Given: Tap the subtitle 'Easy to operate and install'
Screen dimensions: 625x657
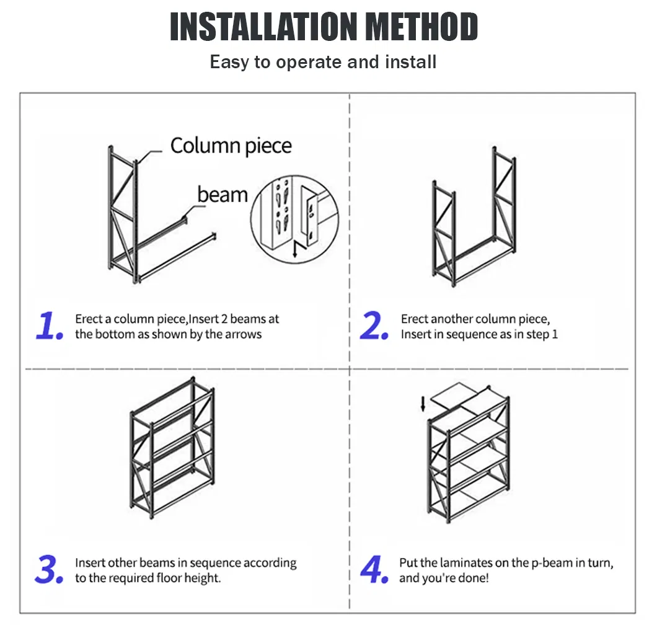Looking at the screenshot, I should click(323, 62).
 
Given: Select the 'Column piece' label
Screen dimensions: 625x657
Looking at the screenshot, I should click(231, 146).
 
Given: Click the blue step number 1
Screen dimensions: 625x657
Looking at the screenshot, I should click(49, 327).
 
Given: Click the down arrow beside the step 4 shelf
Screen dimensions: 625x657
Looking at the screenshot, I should click(423, 404).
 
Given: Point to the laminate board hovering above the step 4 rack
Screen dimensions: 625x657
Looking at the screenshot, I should click(456, 397).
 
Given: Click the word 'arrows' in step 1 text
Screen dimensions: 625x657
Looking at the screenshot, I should click(244, 334).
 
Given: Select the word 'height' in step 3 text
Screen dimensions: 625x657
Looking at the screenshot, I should click(204, 578).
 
